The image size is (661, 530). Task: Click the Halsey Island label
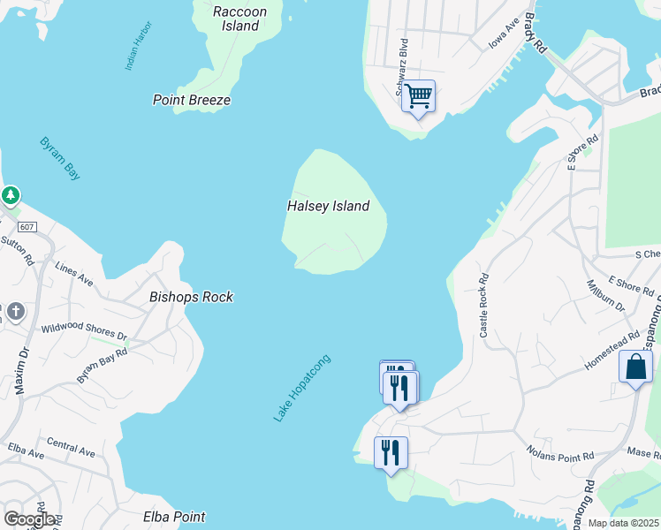(328, 206)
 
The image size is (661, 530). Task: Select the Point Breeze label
(192, 100)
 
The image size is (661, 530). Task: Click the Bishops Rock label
(192, 297)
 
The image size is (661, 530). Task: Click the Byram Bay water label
(60, 159)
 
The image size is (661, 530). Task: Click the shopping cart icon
(418, 95)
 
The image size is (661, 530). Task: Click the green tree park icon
(10, 194)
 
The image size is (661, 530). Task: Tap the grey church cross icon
(15, 311)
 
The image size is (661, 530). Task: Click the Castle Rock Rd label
(483, 305)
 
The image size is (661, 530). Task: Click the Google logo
(29, 519)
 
